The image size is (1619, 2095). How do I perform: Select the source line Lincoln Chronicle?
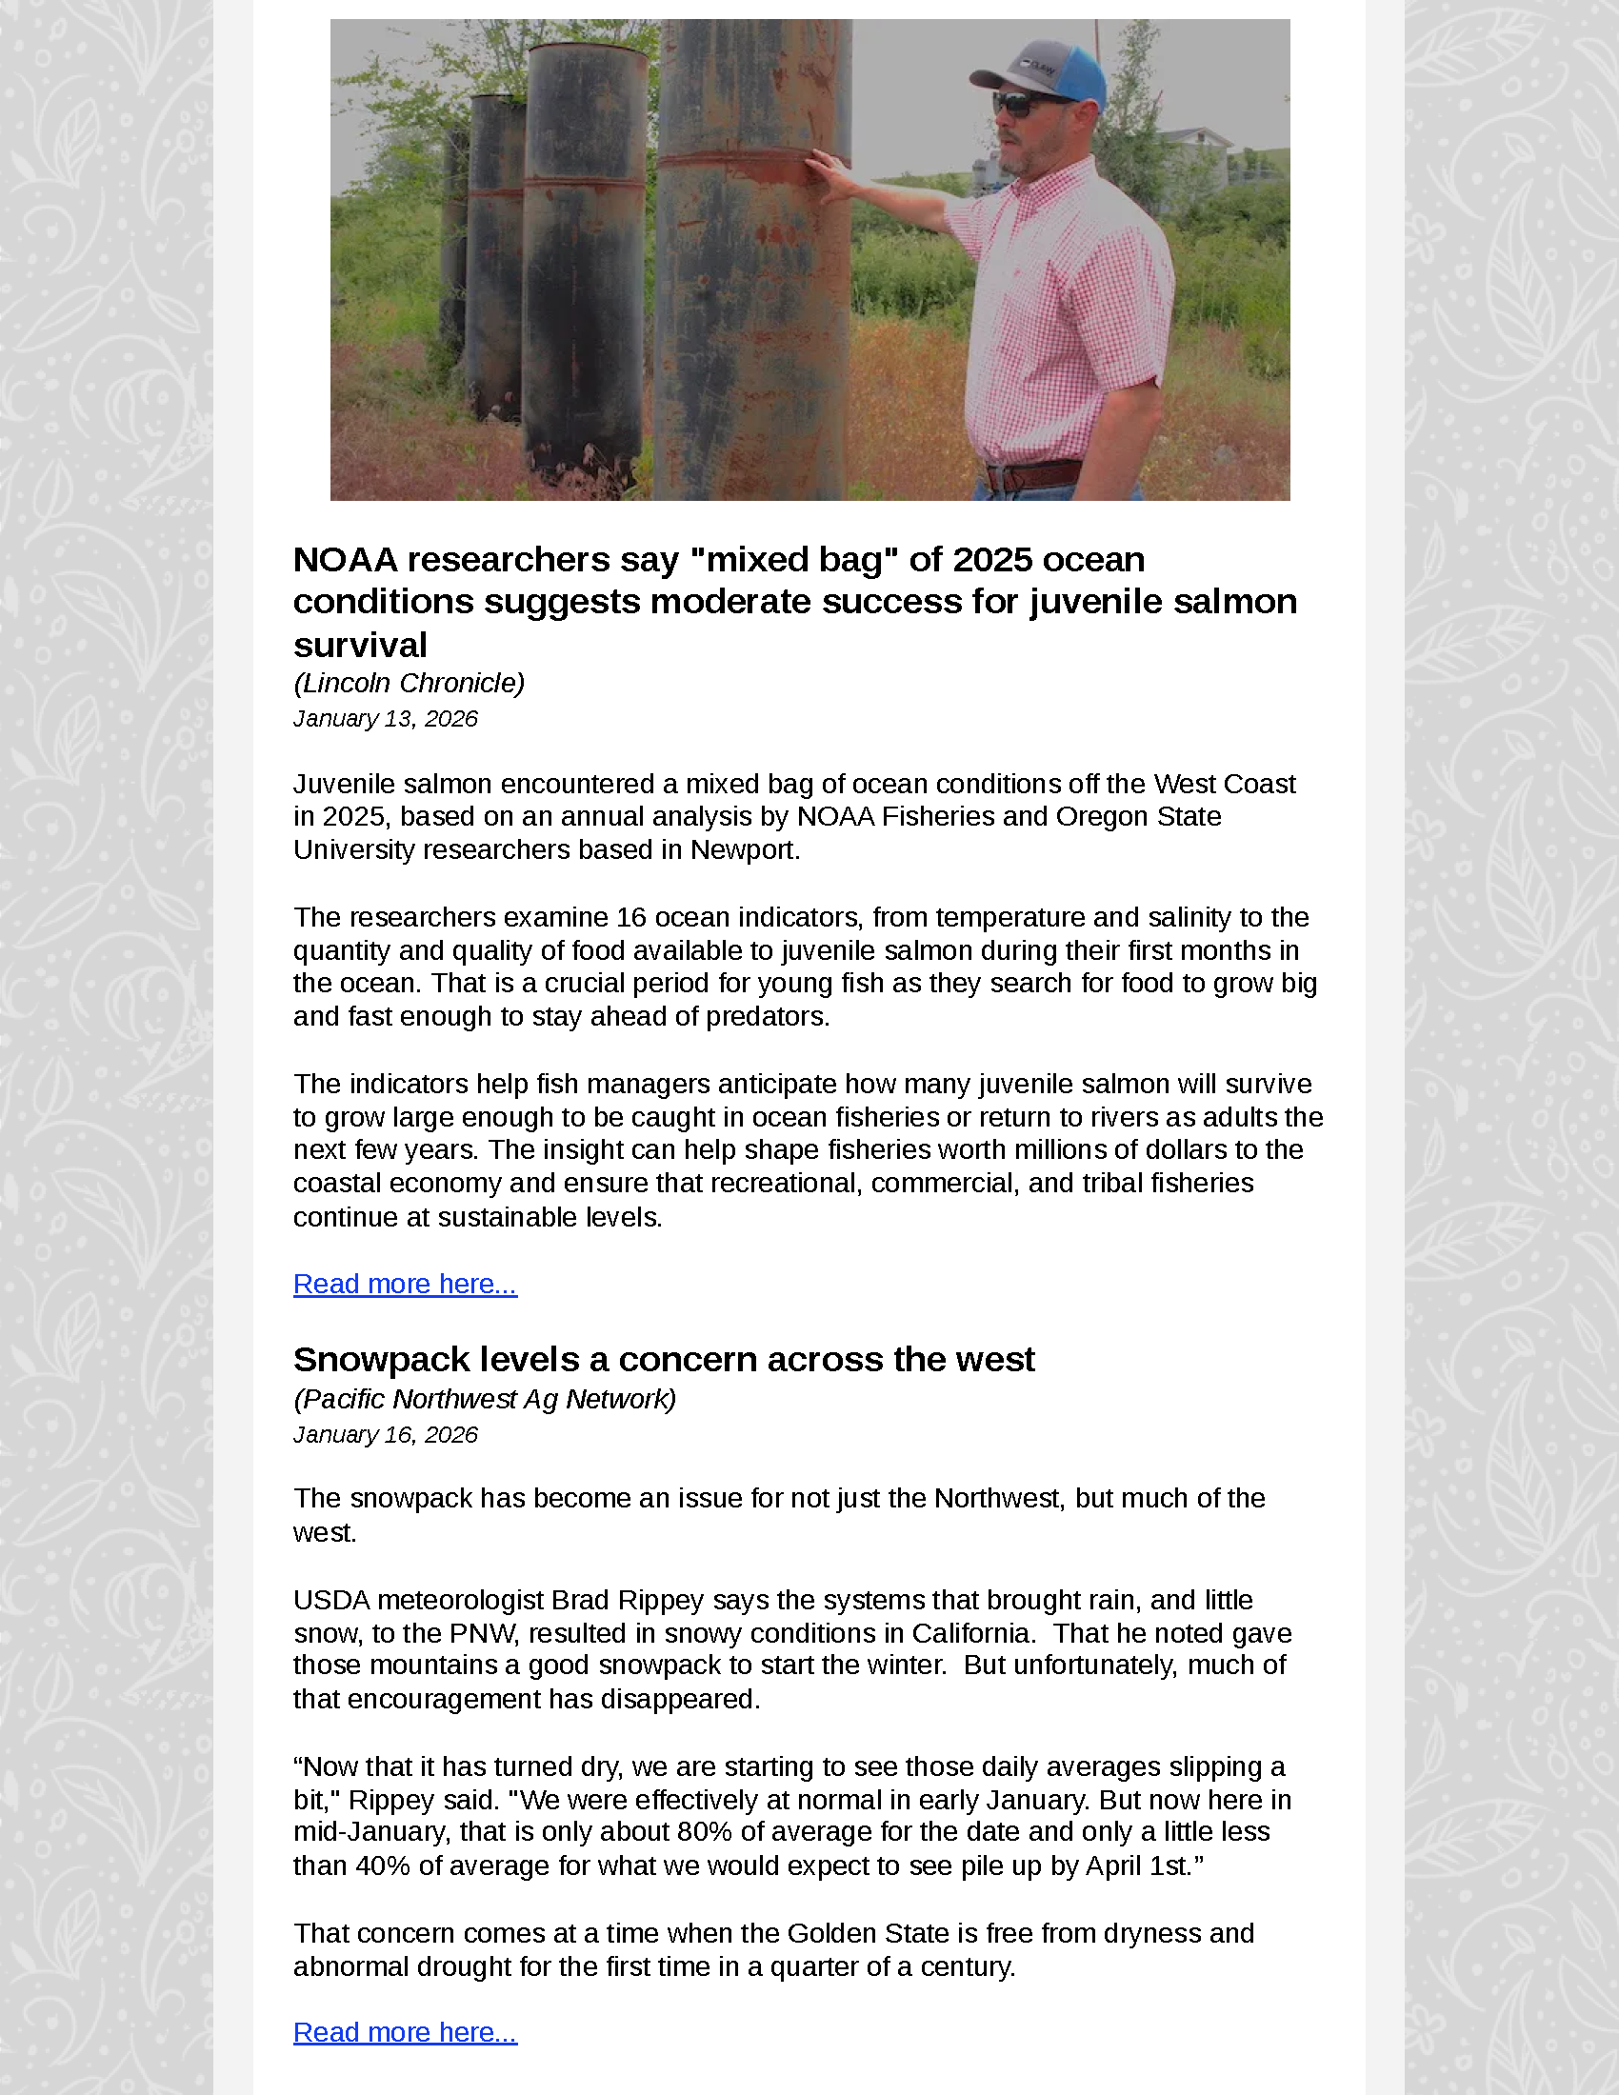409,683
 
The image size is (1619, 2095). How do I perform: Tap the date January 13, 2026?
385,718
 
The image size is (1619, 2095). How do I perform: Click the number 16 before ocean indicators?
631,917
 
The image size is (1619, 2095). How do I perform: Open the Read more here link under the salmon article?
405,1284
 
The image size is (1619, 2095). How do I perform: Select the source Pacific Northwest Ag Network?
485,1399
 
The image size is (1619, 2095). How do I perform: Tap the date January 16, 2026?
385,1434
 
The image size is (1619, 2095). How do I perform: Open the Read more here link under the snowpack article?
405,2032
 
